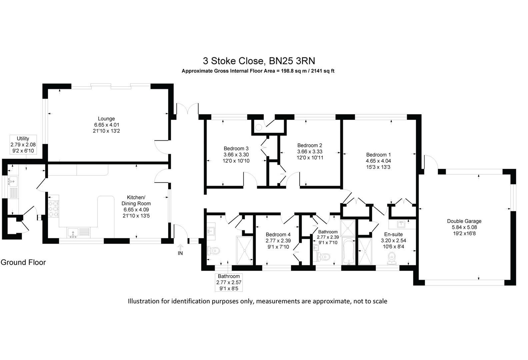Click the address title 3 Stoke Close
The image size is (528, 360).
click(x=259, y=61)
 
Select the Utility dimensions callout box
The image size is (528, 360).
click(x=23, y=144)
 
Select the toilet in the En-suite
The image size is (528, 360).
click(x=392, y=258)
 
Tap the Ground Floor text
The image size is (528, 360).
click(x=23, y=262)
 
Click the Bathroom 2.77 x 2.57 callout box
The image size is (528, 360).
click(x=229, y=282)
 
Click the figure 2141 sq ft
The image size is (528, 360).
click(x=322, y=71)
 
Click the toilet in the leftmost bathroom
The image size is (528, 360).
click(x=213, y=250)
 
